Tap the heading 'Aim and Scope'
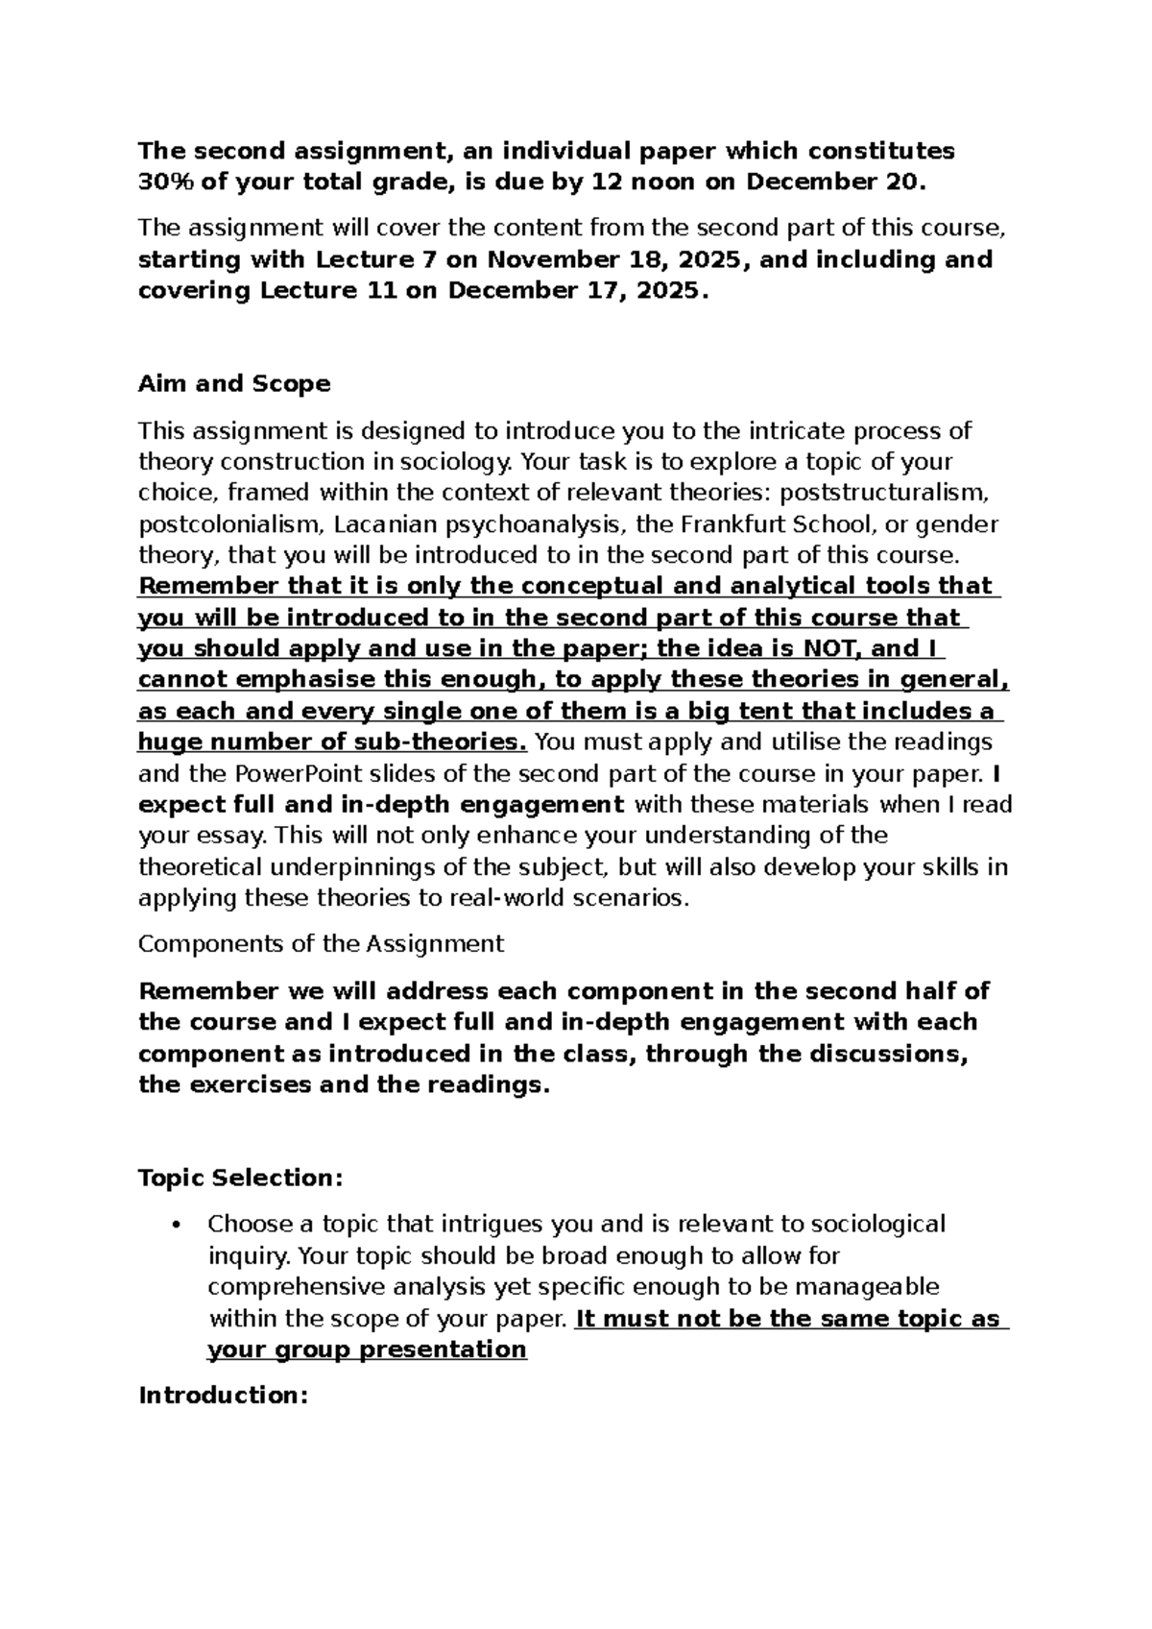pyautogui.click(x=234, y=384)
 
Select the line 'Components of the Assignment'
pyautogui.click(x=321, y=944)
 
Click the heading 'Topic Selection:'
pyautogui.click(x=240, y=1179)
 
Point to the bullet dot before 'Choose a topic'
pyautogui.click(x=174, y=1225)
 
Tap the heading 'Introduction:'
pyautogui.click(x=223, y=1396)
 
